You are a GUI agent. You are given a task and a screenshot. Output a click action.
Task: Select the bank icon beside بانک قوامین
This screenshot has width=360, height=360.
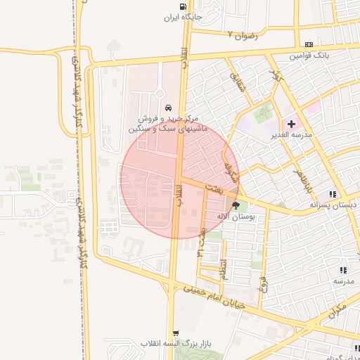[309, 44]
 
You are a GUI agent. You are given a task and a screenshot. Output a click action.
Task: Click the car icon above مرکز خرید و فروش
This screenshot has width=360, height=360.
[168, 108]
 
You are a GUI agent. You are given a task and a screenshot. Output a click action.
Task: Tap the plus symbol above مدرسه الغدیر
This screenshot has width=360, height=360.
[292, 124]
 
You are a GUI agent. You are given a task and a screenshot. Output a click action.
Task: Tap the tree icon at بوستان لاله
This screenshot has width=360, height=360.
[235, 206]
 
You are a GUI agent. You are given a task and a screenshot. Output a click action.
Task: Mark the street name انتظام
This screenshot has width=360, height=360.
[224, 269]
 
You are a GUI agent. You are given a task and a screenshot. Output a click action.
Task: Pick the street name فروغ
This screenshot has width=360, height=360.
[263, 286]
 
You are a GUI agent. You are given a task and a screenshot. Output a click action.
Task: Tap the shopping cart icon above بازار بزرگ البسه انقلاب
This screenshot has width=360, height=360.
[175, 333]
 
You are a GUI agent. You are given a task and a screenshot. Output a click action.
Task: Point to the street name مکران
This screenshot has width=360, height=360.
[337, 309]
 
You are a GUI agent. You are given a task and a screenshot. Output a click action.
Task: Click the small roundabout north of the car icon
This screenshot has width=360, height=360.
[160, 94]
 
